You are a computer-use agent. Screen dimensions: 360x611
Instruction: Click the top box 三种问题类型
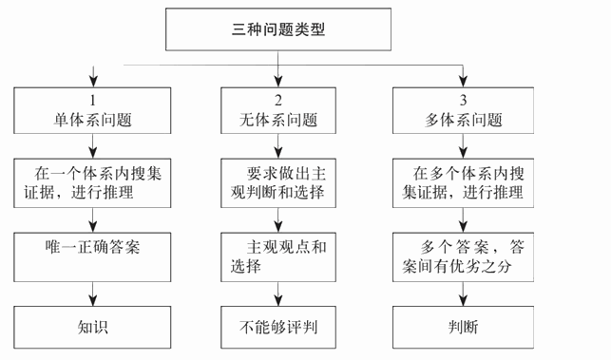[278, 29]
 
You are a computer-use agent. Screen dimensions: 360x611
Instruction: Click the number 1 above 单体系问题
[93, 99]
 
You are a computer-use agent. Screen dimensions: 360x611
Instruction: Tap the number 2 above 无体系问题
[277, 99]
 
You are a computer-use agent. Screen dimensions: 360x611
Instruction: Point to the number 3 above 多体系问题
[465, 99]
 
